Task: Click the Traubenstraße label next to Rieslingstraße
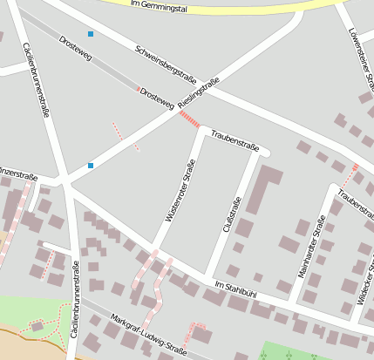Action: [235, 140]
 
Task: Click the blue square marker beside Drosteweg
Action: [90, 34]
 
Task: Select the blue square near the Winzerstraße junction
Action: [90, 165]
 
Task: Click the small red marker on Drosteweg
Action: [137, 89]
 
